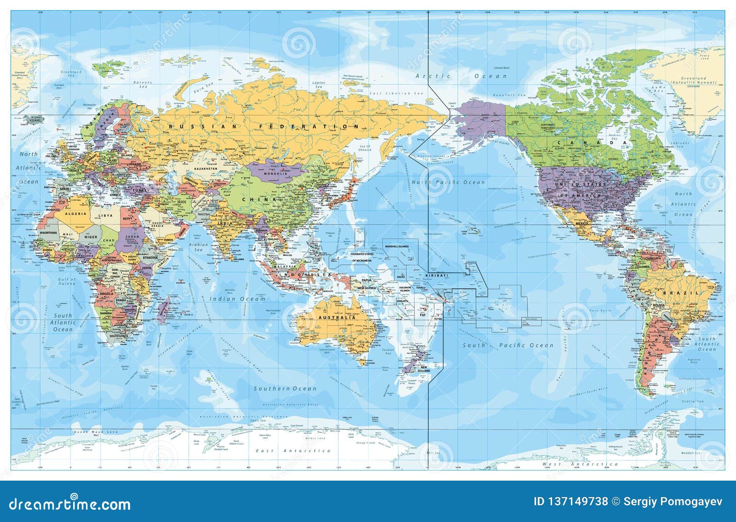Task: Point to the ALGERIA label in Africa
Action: coord(75,214)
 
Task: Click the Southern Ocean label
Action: coord(285,388)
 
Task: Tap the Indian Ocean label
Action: coord(238,299)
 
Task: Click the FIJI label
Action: coord(422,314)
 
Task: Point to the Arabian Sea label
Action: coord(198,247)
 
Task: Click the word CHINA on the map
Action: coord(263,199)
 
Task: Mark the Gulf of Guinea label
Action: coord(67,281)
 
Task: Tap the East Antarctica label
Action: coord(293,451)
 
